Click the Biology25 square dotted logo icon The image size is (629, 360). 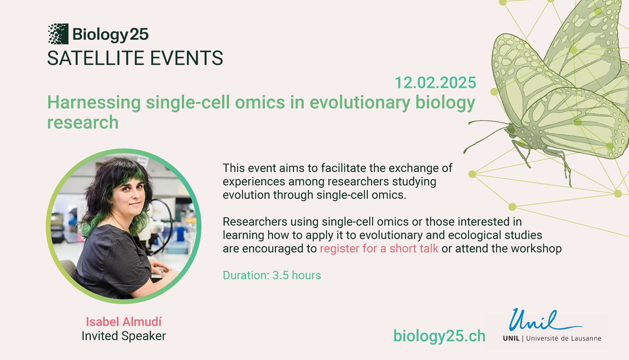58,34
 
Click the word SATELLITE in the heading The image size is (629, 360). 96,58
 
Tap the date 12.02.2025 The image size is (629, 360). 435,83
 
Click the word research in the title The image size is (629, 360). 83,122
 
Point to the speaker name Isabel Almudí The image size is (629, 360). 124,322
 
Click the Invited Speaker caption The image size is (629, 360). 124,336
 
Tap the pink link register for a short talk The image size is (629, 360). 379,248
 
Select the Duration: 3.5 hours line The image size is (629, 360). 272,275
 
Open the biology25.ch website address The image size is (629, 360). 439,336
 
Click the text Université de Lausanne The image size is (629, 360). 564,339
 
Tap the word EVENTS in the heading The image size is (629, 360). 186,58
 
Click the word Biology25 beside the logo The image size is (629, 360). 110,35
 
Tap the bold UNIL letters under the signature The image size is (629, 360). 511,339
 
